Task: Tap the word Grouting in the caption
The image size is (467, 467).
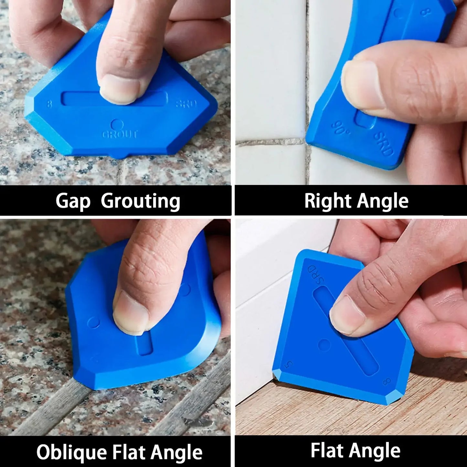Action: tap(140, 201)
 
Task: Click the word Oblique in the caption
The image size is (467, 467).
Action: tap(71, 452)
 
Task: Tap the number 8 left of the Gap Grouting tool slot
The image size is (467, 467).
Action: tap(49, 104)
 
